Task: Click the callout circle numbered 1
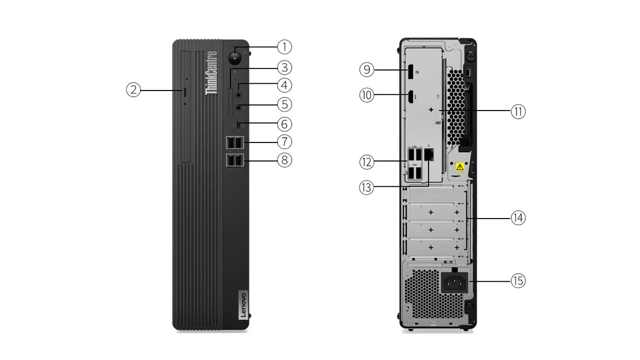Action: click(x=285, y=47)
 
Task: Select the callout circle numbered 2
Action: click(x=133, y=91)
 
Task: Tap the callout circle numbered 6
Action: click(x=285, y=124)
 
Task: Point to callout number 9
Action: click(x=366, y=69)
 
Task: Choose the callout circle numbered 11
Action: click(x=518, y=112)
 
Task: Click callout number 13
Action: click(x=366, y=188)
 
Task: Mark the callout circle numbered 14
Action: click(x=518, y=218)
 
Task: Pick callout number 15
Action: click(x=518, y=281)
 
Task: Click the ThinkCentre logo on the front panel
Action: click(x=211, y=73)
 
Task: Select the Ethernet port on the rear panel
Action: click(x=429, y=153)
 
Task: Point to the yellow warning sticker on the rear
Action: click(x=460, y=167)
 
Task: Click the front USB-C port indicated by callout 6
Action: click(x=238, y=124)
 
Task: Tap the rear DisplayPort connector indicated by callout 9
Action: click(x=412, y=70)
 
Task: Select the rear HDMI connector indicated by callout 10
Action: click(x=412, y=95)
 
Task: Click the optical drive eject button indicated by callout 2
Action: click(x=185, y=91)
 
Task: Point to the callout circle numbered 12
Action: click(x=366, y=163)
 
